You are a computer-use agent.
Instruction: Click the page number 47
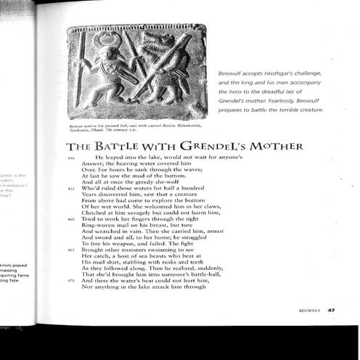click(330, 310)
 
